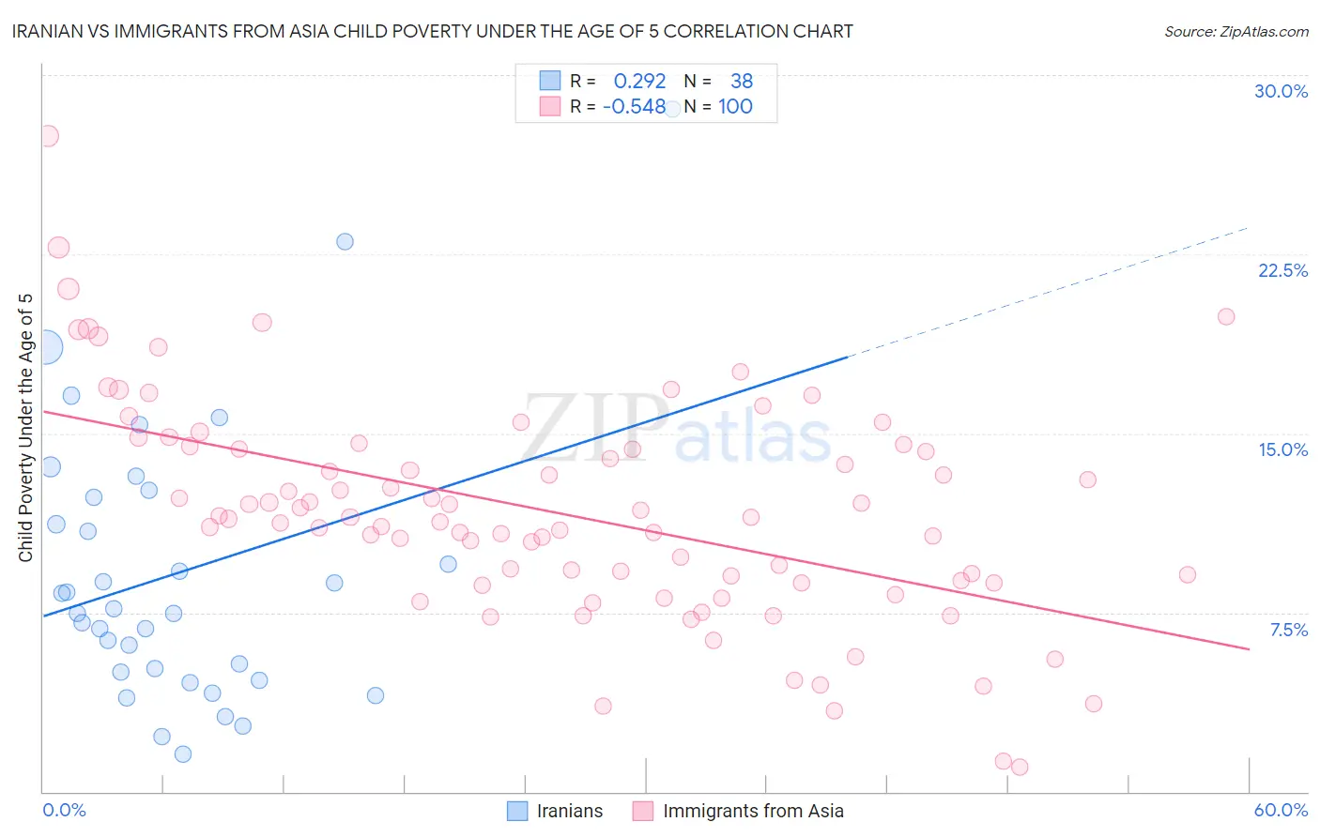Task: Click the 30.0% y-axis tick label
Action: tap(1281, 91)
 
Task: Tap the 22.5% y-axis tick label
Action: tap(1282, 270)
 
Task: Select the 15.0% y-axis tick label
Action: tap(1282, 449)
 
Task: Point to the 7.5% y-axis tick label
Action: tap(1288, 630)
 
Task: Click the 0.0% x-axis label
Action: tap(65, 810)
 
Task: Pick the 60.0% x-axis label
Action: tap(1281, 810)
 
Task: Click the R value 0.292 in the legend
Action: tap(639, 82)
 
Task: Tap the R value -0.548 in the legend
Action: tap(635, 107)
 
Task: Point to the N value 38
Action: tap(742, 82)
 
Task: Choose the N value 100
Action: tap(735, 107)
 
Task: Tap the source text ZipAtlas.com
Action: tap(1264, 31)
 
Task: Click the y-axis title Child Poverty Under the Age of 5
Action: tap(26, 427)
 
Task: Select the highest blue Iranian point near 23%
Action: tap(345, 241)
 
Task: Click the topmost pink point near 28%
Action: tap(48, 136)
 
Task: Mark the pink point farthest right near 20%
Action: tap(1225, 316)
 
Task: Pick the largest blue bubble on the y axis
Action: tap(45, 347)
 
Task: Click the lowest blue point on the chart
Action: tap(183, 753)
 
